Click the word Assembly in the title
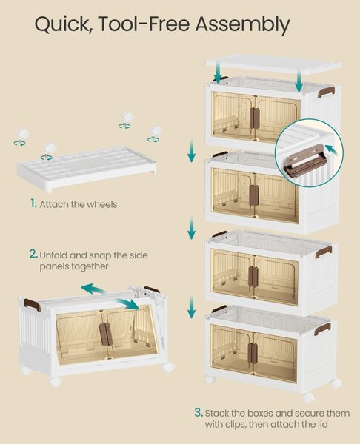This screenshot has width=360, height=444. [x=242, y=25]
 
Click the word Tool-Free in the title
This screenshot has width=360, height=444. [x=144, y=24]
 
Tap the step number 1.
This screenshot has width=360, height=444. [x=33, y=203]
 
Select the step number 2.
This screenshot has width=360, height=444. [x=33, y=254]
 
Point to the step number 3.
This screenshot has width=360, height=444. [x=199, y=412]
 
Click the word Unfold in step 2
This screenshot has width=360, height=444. [x=53, y=255]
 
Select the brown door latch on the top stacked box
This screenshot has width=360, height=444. [x=255, y=118]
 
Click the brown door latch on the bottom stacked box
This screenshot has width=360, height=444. [x=253, y=354]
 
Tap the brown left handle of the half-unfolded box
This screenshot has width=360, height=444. [x=33, y=304]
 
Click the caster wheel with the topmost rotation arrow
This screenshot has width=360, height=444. [x=127, y=120]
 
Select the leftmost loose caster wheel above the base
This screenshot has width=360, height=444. [x=21, y=138]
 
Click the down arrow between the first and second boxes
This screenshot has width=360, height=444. [x=192, y=150]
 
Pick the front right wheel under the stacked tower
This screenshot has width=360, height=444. [x=308, y=397]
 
